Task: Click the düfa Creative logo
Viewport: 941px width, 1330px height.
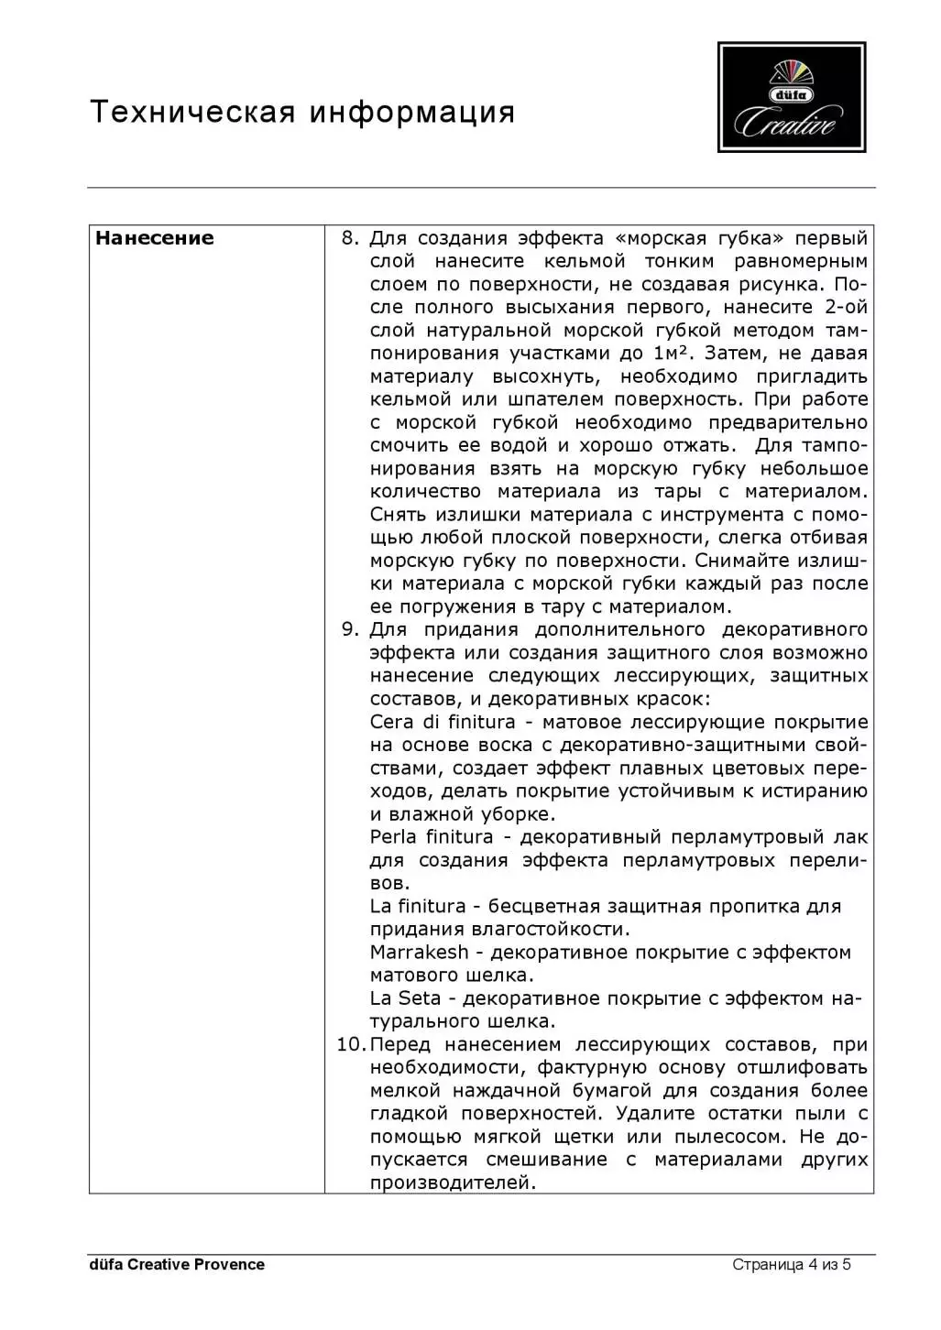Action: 792,97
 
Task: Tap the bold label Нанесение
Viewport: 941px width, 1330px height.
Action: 154,238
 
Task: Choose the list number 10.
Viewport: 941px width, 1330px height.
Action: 350,1044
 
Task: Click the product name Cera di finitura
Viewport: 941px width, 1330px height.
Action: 443,722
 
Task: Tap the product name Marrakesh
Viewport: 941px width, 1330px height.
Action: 419,953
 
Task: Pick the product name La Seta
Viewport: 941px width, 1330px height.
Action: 405,998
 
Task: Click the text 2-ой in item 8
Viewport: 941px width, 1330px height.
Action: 845,307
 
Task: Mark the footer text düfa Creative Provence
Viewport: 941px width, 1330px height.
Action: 177,1265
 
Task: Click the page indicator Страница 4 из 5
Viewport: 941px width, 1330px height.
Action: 792,1265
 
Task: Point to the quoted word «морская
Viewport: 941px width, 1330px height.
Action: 662,239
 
